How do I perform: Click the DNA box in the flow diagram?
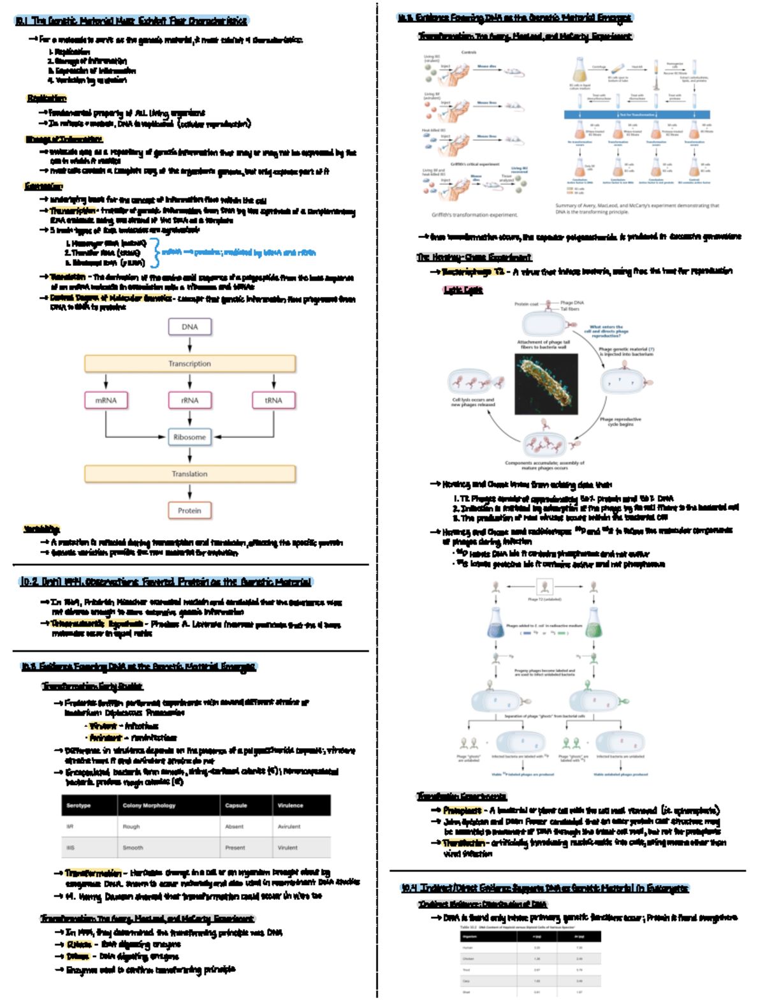pos(189,326)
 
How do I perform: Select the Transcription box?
pos(189,363)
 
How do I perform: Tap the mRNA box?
pos(106,400)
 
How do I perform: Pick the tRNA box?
pos(273,400)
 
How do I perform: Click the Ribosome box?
pos(189,437)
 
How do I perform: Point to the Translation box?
pos(189,474)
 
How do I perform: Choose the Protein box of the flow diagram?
pos(189,511)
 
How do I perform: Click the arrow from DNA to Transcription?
pos(189,345)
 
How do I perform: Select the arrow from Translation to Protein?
pos(189,492)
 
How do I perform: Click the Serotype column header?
pos(79,805)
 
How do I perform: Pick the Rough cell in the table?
pos(131,826)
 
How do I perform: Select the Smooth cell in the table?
pos(133,847)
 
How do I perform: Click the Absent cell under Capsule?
pos(234,826)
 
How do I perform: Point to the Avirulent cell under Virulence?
pos(289,826)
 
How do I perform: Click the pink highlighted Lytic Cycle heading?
pos(463,290)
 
